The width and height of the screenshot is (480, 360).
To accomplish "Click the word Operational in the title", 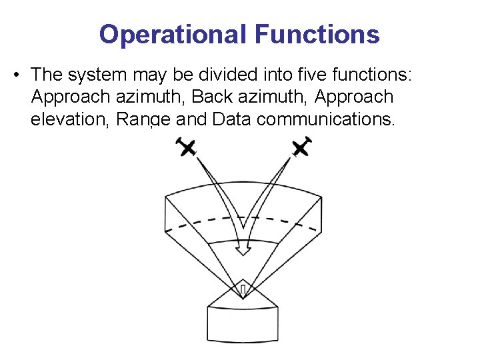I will [172, 34].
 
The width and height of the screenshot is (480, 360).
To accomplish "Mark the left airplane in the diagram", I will [187, 147].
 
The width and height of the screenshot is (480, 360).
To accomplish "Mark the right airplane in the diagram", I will [301, 147].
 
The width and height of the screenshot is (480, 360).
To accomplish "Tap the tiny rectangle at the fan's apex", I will [243, 289].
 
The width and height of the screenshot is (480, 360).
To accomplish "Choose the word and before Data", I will [192, 120].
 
